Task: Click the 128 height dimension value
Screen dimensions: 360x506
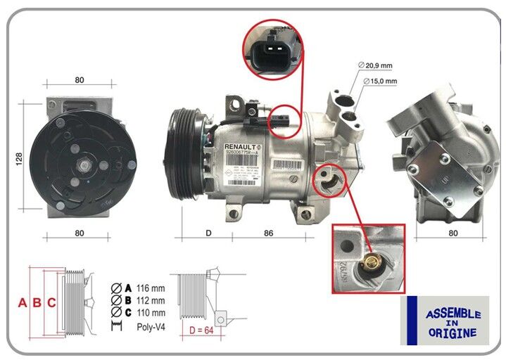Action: (19, 159)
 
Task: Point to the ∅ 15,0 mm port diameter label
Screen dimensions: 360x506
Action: (381, 82)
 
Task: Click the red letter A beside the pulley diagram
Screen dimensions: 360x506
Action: (23, 303)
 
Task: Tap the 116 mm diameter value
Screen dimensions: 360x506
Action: (151, 288)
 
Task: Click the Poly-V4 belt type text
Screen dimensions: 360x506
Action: (151, 326)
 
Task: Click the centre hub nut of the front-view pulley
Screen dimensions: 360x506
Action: (83, 166)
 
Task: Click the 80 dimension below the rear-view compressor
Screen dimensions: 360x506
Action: (453, 232)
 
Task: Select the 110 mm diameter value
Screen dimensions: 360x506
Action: (151, 313)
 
